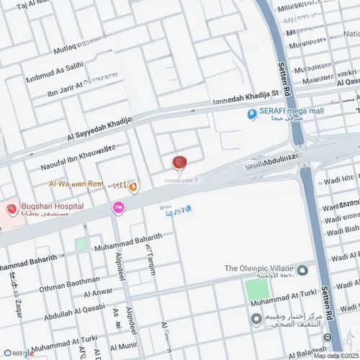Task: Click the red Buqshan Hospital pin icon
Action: click(12, 210)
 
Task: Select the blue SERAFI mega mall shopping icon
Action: click(252, 114)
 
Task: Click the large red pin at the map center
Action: click(179, 163)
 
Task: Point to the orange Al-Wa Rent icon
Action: click(133, 186)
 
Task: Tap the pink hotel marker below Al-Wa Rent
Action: click(117, 207)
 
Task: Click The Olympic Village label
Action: click(258, 269)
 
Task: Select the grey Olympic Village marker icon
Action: click(302, 270)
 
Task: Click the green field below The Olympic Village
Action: click(258, 289)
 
